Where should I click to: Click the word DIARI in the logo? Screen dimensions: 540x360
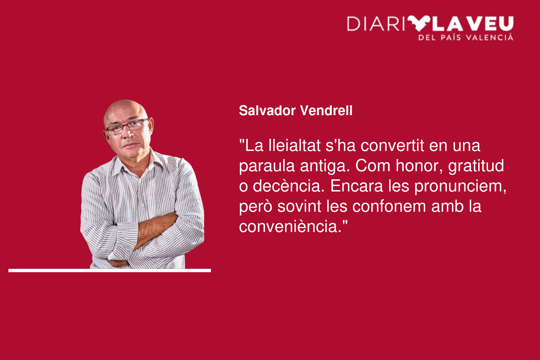click(x=376, y=24)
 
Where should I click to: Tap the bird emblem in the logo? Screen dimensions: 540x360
click(x=419, y=23)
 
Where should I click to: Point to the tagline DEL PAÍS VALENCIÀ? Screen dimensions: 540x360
click(x=466, y=37)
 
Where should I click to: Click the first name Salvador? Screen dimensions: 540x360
click(x=267, y=111)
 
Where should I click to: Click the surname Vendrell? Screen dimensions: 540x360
click(x=326, y=111)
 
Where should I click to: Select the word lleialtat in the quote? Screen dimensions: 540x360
click(x=294, y=146)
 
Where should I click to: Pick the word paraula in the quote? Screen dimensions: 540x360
click(x=267, y=166)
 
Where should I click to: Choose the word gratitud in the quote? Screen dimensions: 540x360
click(x=476, y=166)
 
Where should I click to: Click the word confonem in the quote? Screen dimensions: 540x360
click(x=389, y=207)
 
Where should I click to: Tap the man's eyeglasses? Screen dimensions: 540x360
click(x=127, y=126)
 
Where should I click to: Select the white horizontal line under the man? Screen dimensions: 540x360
click(x=110, y=271)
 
